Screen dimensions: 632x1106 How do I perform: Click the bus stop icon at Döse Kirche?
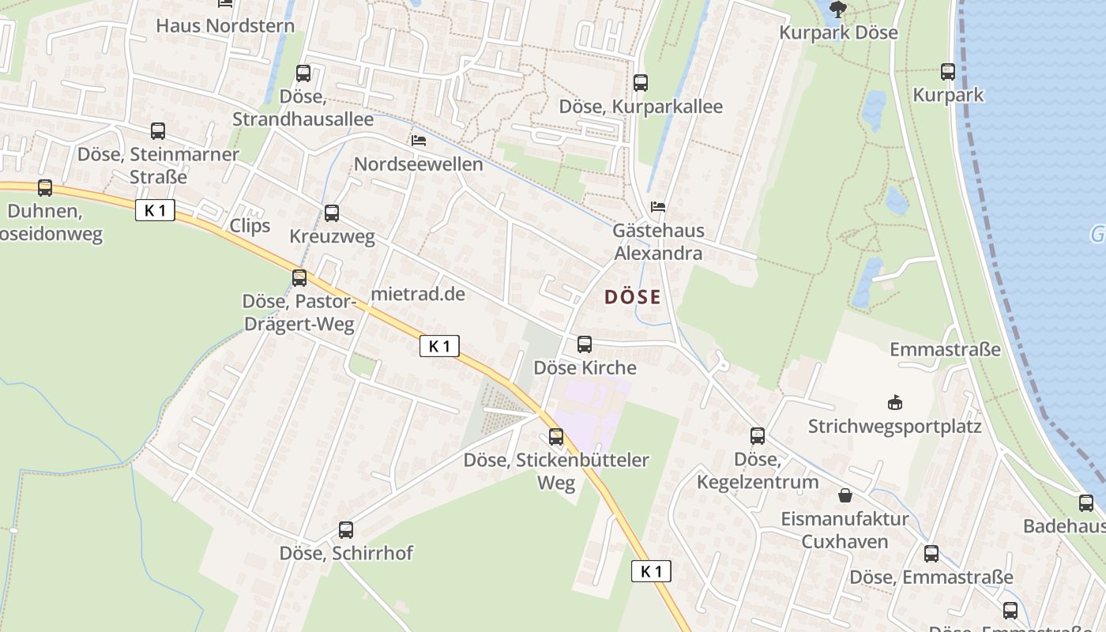coord(585,344)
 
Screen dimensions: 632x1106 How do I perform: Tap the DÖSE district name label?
coord(632,297)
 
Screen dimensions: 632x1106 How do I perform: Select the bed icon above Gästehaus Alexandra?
coord(658,207)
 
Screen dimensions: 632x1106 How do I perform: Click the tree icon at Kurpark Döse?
coord(837,10)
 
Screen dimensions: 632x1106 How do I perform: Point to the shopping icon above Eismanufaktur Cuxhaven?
coord(845,495)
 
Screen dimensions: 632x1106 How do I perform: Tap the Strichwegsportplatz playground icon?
coord(894,403)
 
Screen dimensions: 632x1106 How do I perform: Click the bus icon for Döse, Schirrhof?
coord(346,529)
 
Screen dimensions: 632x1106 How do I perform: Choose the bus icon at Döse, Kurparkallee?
coord(641,82)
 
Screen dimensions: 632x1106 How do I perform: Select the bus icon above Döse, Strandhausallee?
coord(303,73)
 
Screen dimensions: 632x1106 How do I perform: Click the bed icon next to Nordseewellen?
coord(419,141)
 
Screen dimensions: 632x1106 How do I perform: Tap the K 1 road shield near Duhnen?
coord(155,210)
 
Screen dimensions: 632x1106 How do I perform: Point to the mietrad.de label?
coord(418,294)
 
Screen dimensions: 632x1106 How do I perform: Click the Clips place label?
coord(250,225)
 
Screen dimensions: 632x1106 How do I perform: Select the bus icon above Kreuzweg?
coord(332,213)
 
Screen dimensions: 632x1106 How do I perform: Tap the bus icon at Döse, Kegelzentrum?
coord(758,435)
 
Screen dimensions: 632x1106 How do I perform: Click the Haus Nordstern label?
coord(225,25)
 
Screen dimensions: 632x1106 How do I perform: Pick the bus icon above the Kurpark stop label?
coord(948,72)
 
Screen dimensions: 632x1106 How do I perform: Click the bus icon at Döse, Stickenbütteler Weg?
coord(556,436)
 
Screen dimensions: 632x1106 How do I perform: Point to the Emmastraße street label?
coord(945,349)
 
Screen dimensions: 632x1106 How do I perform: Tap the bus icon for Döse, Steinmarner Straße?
coord(158,131)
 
